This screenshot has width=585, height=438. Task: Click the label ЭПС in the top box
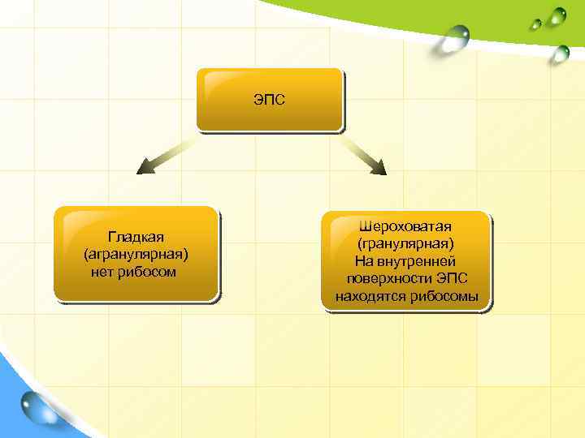pos(269,101)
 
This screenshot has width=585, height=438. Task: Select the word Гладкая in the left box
pos(136,236)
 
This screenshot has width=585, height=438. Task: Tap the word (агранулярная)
pos(136,254)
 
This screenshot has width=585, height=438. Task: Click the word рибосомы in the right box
pos(444,296)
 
